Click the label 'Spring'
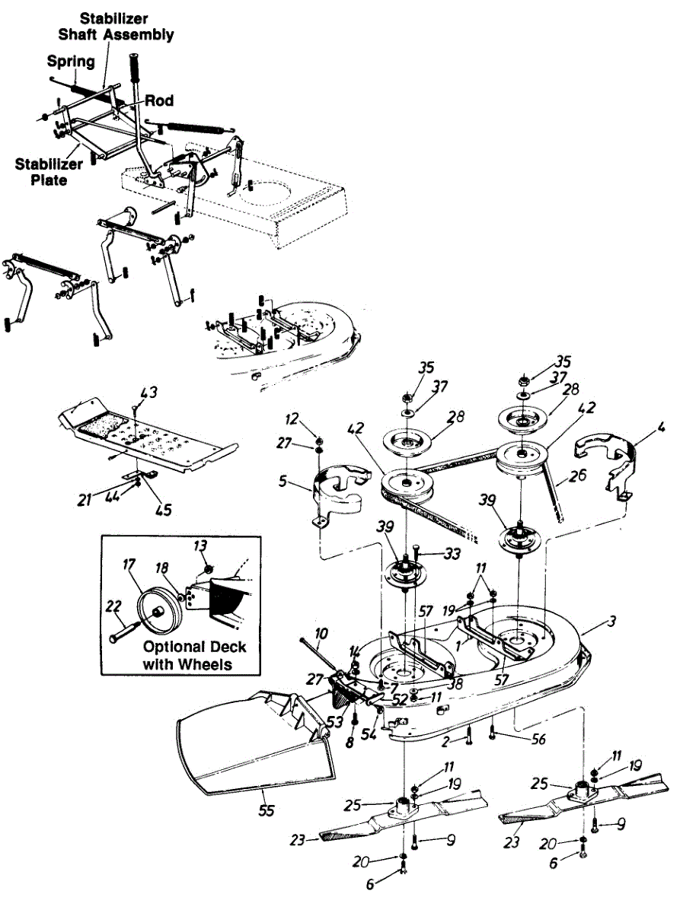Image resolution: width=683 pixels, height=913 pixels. [70, 60]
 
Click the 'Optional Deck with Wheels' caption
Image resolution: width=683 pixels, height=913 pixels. [195, 655]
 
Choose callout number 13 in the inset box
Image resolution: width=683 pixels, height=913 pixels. [200, 546]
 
